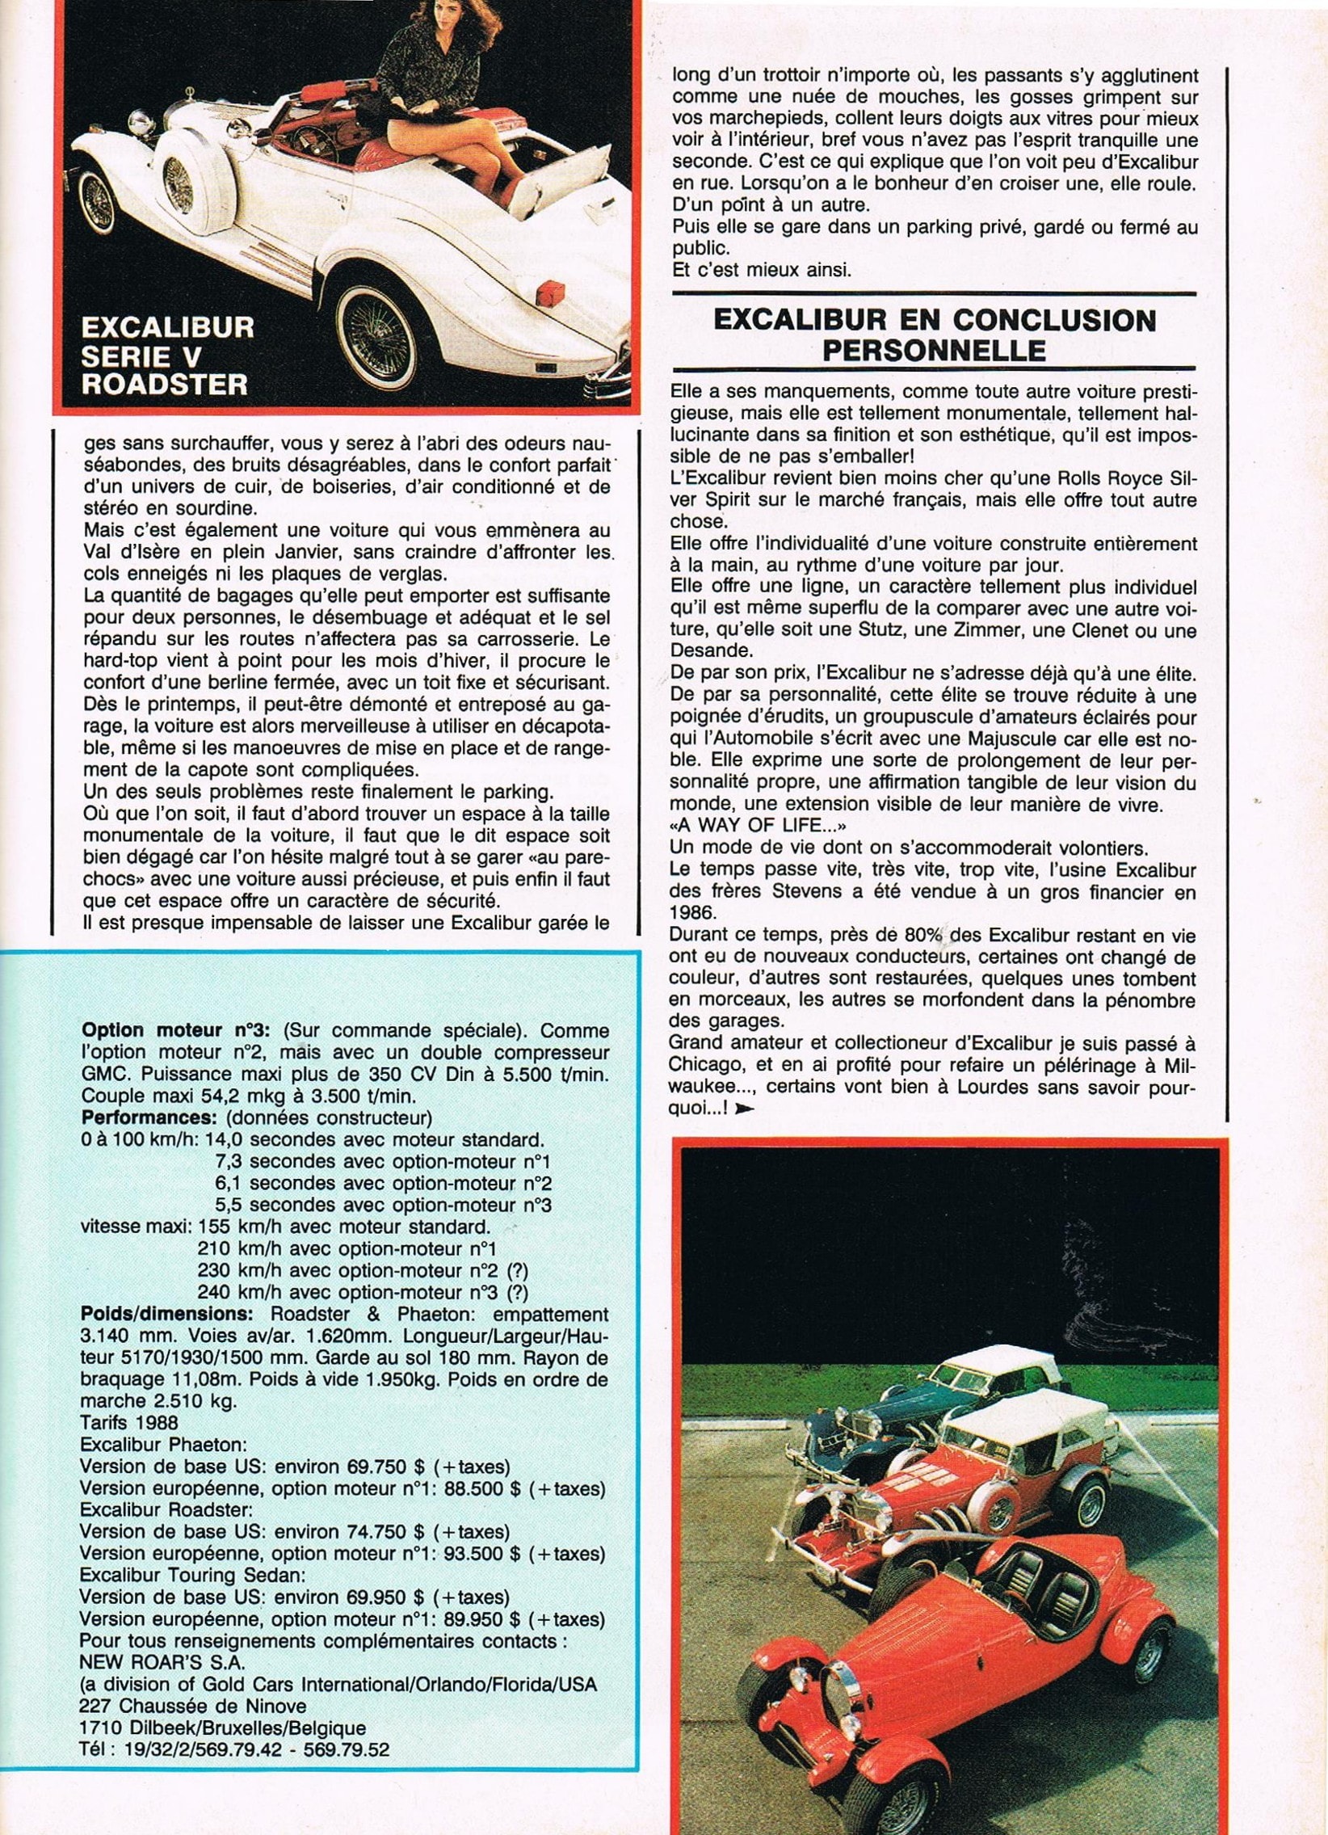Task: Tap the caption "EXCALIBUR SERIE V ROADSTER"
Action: click(x=167, y=356)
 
